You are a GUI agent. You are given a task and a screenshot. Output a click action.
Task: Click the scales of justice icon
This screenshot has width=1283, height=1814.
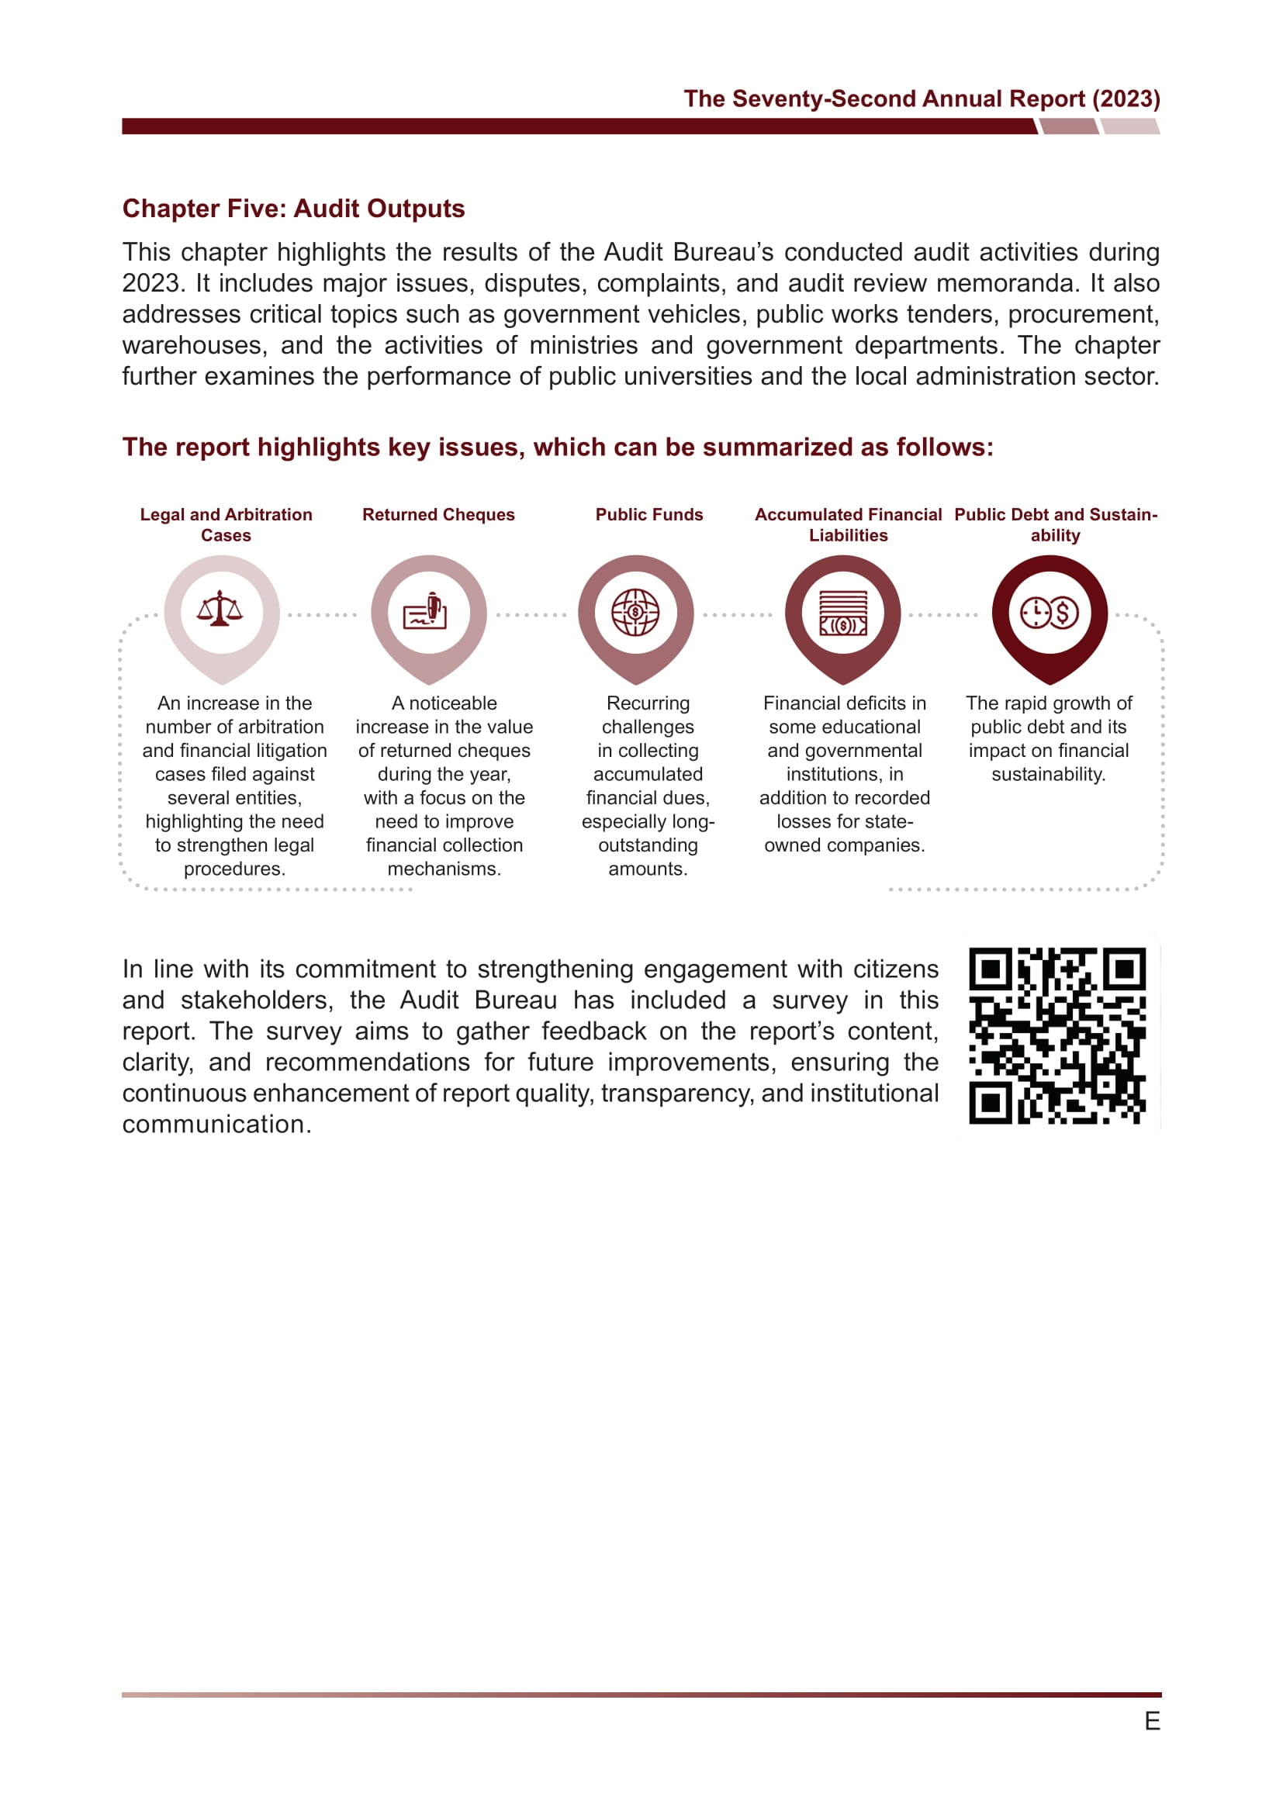[x=220, y=610]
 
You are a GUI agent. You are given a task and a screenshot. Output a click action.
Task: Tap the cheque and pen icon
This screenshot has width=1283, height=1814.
[x=427, y=610]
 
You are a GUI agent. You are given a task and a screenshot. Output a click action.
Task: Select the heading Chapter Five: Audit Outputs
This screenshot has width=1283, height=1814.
[x=293, y=209]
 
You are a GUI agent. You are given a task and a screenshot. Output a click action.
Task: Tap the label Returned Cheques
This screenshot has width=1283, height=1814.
[x=438, y=514]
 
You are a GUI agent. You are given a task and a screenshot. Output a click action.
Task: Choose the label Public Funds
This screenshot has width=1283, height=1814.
[x=648, y=514]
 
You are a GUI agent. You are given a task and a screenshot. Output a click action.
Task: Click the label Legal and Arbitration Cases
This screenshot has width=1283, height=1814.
[x=226, y=524]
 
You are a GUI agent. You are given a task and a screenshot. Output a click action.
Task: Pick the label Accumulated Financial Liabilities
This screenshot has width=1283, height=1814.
[x=848, y=524]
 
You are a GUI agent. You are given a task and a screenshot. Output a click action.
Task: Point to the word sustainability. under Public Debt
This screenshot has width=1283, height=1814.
[x=1049, y=774]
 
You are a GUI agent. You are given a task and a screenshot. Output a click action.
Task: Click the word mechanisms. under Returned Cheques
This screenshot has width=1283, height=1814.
[x=444, y=869]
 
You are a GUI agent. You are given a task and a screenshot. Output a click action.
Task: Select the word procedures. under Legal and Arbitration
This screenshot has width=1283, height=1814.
[x=234, y=869]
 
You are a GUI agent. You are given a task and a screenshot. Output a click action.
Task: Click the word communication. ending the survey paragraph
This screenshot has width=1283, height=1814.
[x=216, y=1125]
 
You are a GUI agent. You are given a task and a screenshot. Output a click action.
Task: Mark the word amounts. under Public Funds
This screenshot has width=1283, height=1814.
[x=648, y=869]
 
